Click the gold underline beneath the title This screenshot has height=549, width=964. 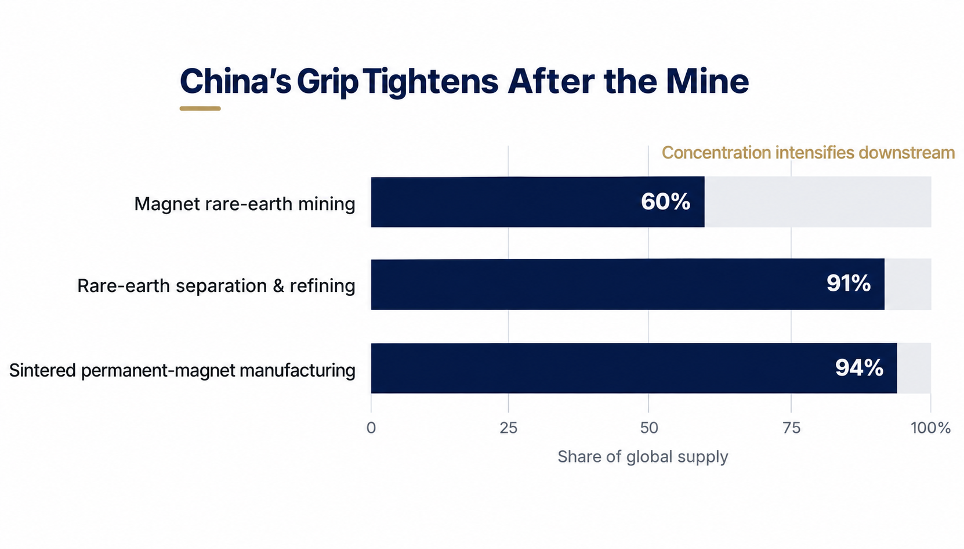pyautogui.click(x=200, y=109)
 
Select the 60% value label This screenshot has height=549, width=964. pyautogui.click(x=665, y=201)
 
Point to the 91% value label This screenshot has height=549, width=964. pyautogui.click(x=848, y=283)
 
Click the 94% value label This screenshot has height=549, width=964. pyautogui.click(x=859, y=368)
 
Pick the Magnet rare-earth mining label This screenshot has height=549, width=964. pyautogui.click(x=244, y=204)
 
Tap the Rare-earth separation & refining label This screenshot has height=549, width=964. pyautogui.click(x=216, y=286)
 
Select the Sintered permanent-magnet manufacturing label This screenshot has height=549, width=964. pyautogui.click(x=182, y=370)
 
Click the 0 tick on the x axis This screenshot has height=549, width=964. pyautogui.click(x=371, y=428)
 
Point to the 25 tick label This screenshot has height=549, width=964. pyautogui.click(x=508, y=428)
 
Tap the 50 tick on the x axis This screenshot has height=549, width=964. pyautogui.click(x=648, y=428)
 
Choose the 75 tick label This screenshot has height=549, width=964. pyautogui.click(x=791, y=428)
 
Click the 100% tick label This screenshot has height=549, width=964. pyautogui.click(x=930, y=428)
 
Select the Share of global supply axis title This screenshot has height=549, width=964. pyautogui.click(x=643, y=456)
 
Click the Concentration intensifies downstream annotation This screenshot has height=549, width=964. pyautogui.click(x=808, y=153)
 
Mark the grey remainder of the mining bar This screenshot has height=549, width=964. pyautogui.click(x=818, y=201)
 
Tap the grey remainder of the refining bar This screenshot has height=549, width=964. pyautogui.click(x=908, y=284)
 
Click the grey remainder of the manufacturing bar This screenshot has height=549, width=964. pyautogui.click(x=914, y=368)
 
